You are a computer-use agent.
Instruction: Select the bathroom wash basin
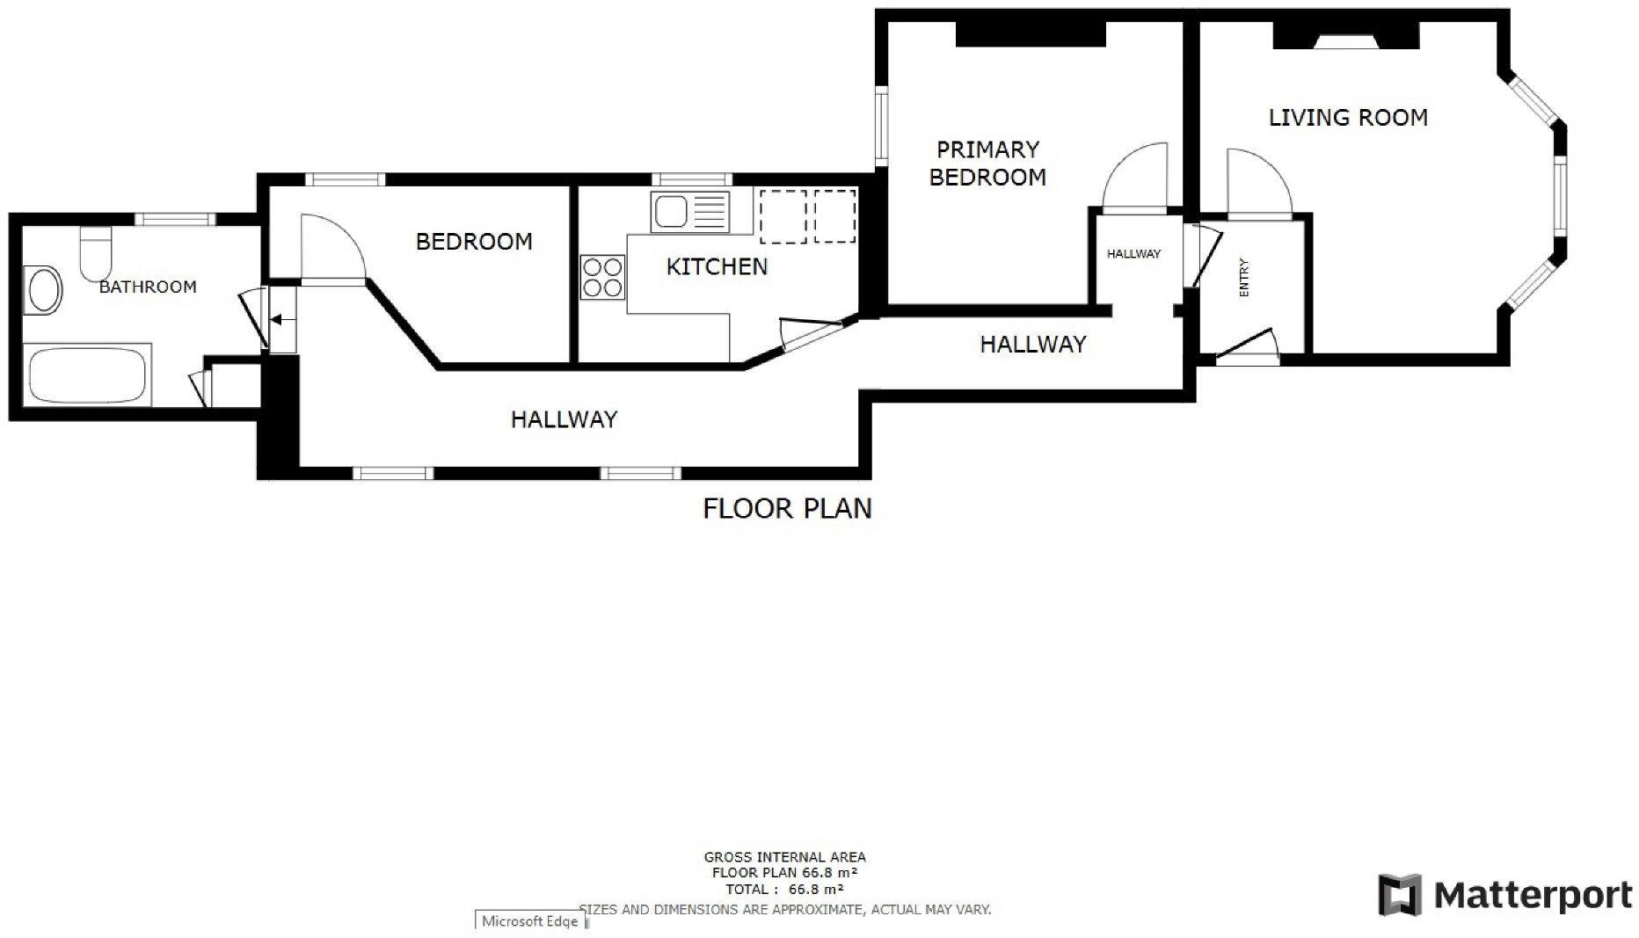pyautogui.click(x=43, y=290)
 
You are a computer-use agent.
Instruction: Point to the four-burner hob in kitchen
pyautogui.click(x=602, y=276)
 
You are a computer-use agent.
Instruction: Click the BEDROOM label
pyautogui.click(x=474, y=242)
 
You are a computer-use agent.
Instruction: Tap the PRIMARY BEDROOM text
pyautogui.click(x=987, y=164)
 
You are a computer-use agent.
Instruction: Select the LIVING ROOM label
pyautogui.click(x=1347, y=118)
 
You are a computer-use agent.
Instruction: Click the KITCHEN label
pyautogui.click(x=717, y=266)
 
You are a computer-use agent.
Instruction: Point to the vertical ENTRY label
pyautogui.click(x=1243, y=277)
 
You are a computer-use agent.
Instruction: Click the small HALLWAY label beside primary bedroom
pyautogui.click(x=1133, y=254)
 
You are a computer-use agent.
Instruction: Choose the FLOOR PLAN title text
pyautogui.click(x=787, y=508)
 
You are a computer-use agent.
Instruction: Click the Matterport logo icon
pyautogui.click(x=1400, y=895)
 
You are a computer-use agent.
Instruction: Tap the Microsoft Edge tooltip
pyautogui.click(x=530, y=921)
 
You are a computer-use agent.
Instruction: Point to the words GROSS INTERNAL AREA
pyautogui.click(x=784, y=856)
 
